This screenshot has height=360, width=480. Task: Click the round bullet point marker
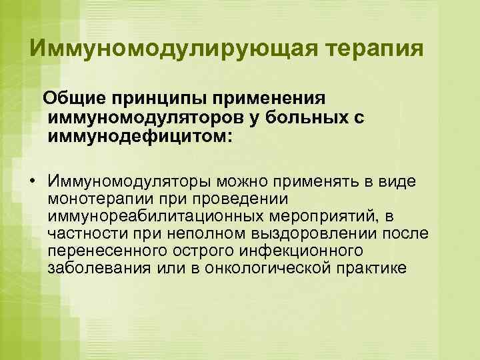pyautogui.click(x=32, y=182)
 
